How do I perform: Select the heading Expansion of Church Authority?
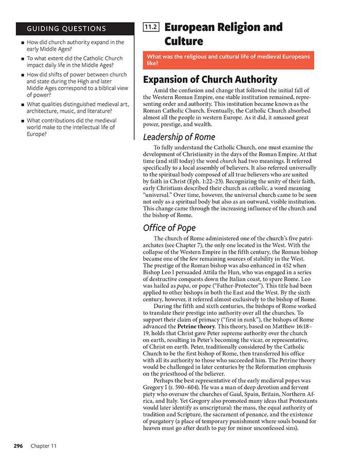point(210,80)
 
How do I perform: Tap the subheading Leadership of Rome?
point(179,137)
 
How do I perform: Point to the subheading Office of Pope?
point(169,228)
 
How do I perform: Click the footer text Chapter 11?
point(44,446)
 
